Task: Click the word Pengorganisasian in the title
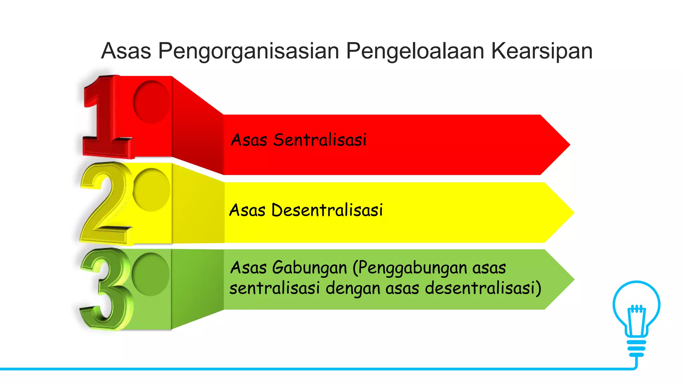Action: click(249, 51)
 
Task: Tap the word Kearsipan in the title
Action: click(542, 51)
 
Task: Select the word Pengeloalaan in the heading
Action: click(415, 51)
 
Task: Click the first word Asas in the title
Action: click(126, 51)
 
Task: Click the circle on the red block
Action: click(151, 102)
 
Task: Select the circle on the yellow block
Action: click(152, 190)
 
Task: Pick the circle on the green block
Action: click(151, 274)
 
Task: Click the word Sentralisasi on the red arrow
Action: click(320, 140)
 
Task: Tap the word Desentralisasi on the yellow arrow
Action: click(327, 210)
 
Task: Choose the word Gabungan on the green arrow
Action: click(309, 268)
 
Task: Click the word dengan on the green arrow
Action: click(353, 288)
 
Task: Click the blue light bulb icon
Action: click(636, 317)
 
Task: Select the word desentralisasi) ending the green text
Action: click(483, 288)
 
